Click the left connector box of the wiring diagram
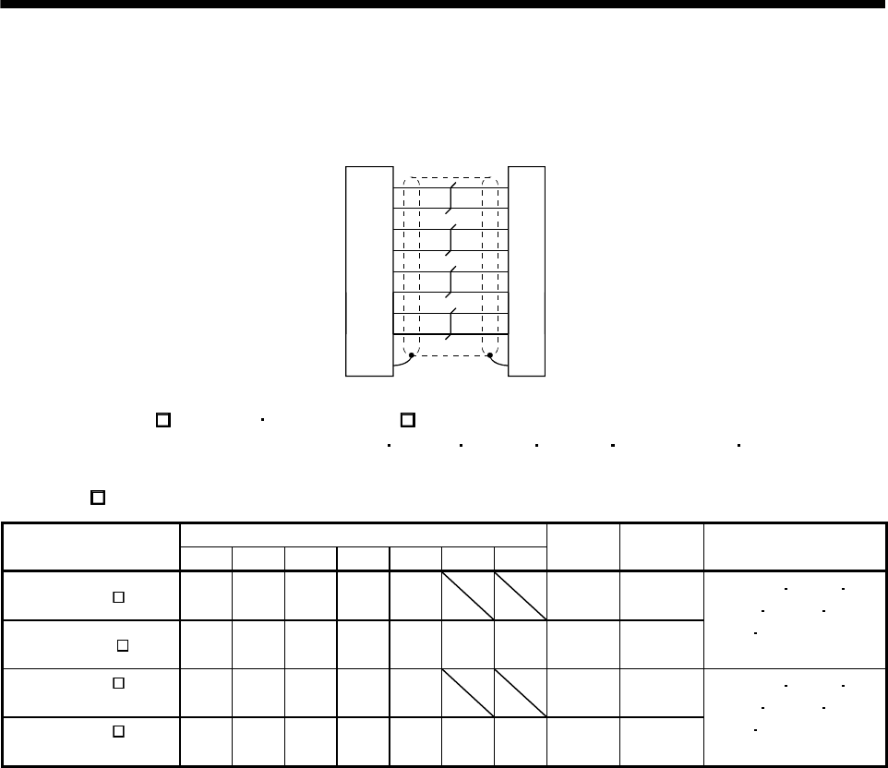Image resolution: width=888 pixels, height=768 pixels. [x=369, y=270]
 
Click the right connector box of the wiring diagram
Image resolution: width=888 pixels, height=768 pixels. [x=526, y=270]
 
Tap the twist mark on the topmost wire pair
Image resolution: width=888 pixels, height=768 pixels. [x=449, y=198]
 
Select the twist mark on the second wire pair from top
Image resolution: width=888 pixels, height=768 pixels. [x=449, y=240]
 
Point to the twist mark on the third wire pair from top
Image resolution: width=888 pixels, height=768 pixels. [x=449, y=282]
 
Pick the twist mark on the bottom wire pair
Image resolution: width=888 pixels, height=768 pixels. [x=449, y=324]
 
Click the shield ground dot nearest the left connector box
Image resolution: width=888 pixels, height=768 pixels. [x=411, y=354]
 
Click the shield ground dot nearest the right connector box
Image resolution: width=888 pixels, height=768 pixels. [x=489, y=354]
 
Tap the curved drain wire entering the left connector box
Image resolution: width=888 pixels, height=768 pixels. [x=401, y=363]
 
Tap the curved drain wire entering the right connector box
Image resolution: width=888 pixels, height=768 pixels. [x=499, y=362]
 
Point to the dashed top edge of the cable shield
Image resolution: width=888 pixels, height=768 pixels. [x=450, y=177]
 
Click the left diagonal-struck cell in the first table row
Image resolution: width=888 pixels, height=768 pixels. [x=468, y=596]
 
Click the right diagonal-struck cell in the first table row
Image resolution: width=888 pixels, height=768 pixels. [x=521, y=596]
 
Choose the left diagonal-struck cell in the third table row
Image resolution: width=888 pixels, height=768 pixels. [x=468, y=693]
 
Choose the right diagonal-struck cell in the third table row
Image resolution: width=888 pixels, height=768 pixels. [x=521, y=693]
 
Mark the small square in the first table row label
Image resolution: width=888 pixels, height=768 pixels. [x=118, y=596]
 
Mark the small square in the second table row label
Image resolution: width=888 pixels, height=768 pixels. [x=121, y=645]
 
